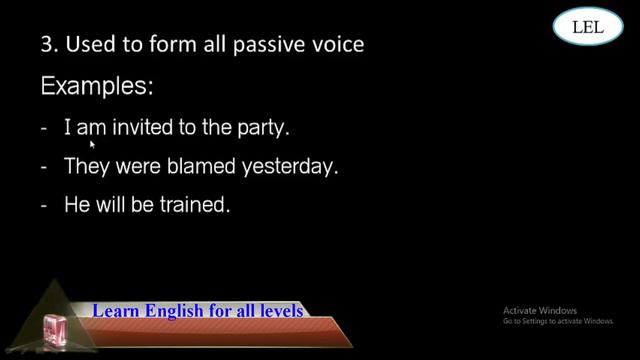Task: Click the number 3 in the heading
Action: point(45,45)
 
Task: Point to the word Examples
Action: point(97,87)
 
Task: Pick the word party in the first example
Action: point(265,128)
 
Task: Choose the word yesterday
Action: point(291,167)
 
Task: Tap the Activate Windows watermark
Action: point(557,315)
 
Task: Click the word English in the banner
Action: point(171,311)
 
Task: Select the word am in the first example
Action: point(92,129)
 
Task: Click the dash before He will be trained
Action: point(45,207)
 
